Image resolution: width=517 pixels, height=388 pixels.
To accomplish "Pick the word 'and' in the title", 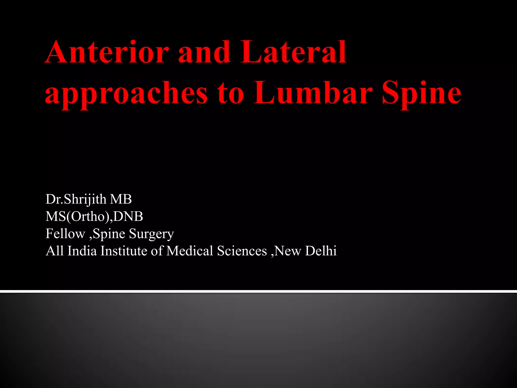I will [x=204, y=52].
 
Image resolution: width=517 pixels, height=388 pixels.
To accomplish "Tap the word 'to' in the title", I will [x=231, y=93].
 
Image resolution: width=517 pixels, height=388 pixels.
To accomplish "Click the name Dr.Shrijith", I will [x=76, y=199].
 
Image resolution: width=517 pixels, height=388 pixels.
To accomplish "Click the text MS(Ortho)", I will [x=77, y=216].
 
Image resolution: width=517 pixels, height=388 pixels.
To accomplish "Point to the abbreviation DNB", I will [x=128, y=216].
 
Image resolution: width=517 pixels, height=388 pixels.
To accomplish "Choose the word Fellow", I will [x=65, y=234].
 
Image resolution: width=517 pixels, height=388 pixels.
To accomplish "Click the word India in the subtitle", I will [x=82, y=251].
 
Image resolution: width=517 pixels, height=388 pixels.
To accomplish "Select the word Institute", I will [x=124, y=251].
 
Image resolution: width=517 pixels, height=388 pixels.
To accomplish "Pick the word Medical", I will [x=190, y=251].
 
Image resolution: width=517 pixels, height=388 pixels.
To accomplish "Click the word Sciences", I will [x=242, y=251].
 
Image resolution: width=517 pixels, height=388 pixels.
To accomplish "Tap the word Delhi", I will [x=321, y=251].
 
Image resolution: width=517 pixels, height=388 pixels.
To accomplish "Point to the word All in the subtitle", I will [x=55, y=251].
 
